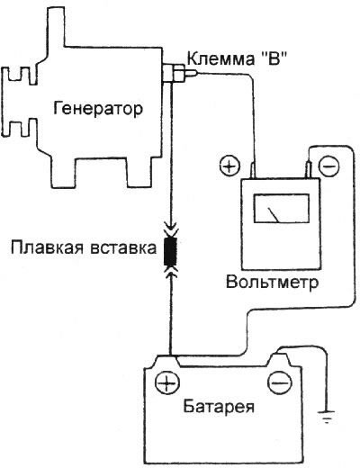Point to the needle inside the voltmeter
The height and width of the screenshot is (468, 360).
(270, 214)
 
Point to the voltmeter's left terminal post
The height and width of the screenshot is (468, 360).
(253, 168)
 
